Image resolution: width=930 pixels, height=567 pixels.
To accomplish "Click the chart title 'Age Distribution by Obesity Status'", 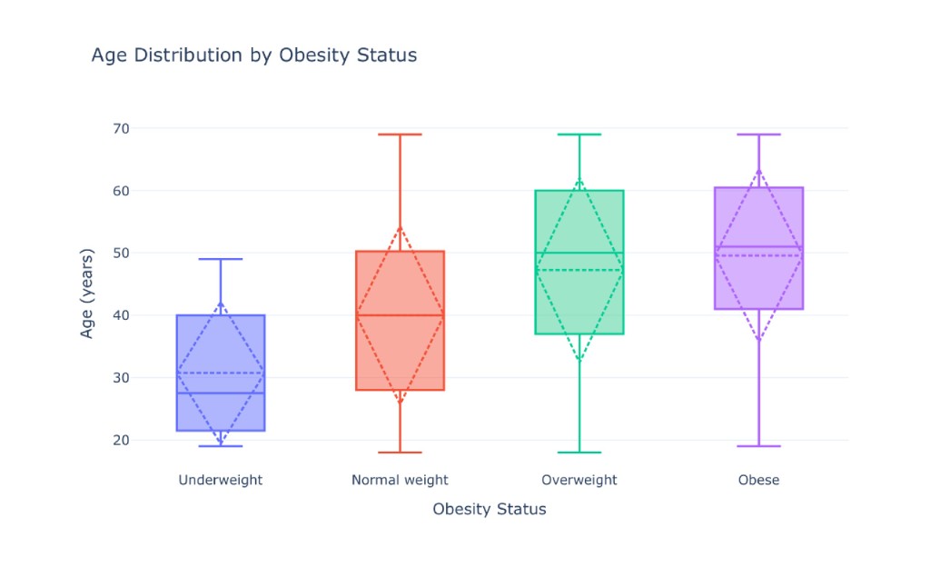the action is [x=254, y=55].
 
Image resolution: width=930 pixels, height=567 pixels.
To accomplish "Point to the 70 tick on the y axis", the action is [x=121, y=128].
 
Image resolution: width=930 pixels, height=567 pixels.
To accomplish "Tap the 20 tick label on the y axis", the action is [x=121, y=440].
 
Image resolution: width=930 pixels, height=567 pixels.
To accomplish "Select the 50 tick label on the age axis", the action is [x=121, y=253].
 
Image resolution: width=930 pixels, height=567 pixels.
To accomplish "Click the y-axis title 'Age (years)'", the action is [x=86, y=293].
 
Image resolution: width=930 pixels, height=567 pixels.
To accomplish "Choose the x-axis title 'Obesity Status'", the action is [x=490, y=509].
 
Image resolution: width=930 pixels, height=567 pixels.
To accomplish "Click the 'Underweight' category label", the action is [x=221, y=480].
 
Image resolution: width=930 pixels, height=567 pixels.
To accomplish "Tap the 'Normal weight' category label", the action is [x=400, y=480].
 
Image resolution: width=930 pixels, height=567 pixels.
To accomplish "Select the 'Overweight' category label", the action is [x=579, y=480].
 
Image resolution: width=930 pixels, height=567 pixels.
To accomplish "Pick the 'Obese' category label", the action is [x=758, y=480].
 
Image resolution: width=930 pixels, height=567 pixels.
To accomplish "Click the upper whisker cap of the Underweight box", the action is [x=221, y=259].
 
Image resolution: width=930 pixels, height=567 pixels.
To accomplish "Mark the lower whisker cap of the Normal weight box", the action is [x=400, y=453].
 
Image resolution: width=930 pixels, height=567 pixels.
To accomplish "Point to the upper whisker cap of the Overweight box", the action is [x=579, y=134].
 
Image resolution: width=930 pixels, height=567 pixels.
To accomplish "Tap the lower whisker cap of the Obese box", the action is [x=758, y=446].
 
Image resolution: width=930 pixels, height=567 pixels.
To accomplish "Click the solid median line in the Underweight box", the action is [x=221, y=393].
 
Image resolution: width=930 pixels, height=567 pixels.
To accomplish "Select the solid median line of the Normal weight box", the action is [x=400, y=315].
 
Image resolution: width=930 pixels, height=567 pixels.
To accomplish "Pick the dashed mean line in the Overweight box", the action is [x=579, y=271].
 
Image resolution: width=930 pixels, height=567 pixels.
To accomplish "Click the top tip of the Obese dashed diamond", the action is [x=758, y=170].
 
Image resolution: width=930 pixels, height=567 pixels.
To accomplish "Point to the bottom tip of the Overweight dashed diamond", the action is [x=579, y=360].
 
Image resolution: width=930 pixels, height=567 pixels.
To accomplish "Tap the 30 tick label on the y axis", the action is [x=121, y=378].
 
